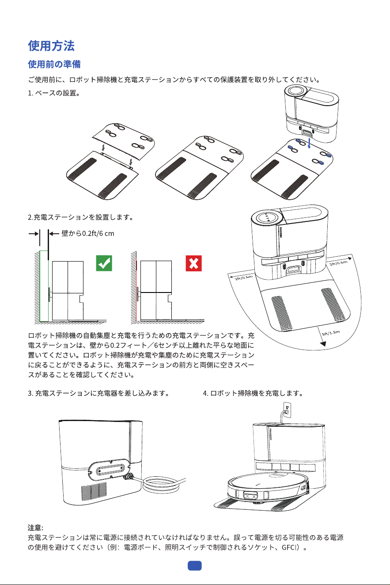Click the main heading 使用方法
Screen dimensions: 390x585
(51, 46)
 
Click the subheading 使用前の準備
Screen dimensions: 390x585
(54, 64)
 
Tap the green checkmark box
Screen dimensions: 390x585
(104, 263)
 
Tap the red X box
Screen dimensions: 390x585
(193, 263)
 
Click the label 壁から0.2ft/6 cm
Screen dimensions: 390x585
(88, 233)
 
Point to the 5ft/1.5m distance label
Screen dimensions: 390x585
(331, 333)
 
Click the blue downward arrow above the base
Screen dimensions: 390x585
(309, 143)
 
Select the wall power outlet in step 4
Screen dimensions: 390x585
(287, 410)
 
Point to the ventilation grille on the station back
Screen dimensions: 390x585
(94, 491)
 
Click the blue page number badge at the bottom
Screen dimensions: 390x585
(195, 566)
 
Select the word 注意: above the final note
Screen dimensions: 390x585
(35, 528)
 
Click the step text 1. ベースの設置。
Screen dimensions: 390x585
(54, 93)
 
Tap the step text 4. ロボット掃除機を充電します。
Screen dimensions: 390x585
(253, 393)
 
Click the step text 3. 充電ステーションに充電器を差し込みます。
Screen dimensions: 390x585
(99, 393)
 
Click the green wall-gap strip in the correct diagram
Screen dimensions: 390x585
(44, 286)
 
